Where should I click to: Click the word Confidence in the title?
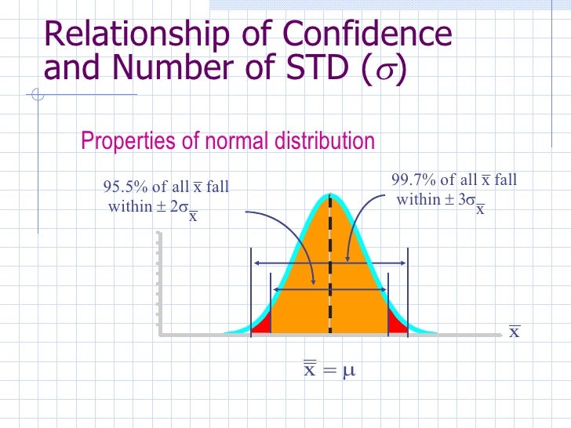[367, 34]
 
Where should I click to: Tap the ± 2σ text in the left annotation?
[170, 207]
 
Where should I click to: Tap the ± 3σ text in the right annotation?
[458, 200]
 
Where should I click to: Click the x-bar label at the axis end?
[515, 332]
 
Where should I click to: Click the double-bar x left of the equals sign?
[310, 368]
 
